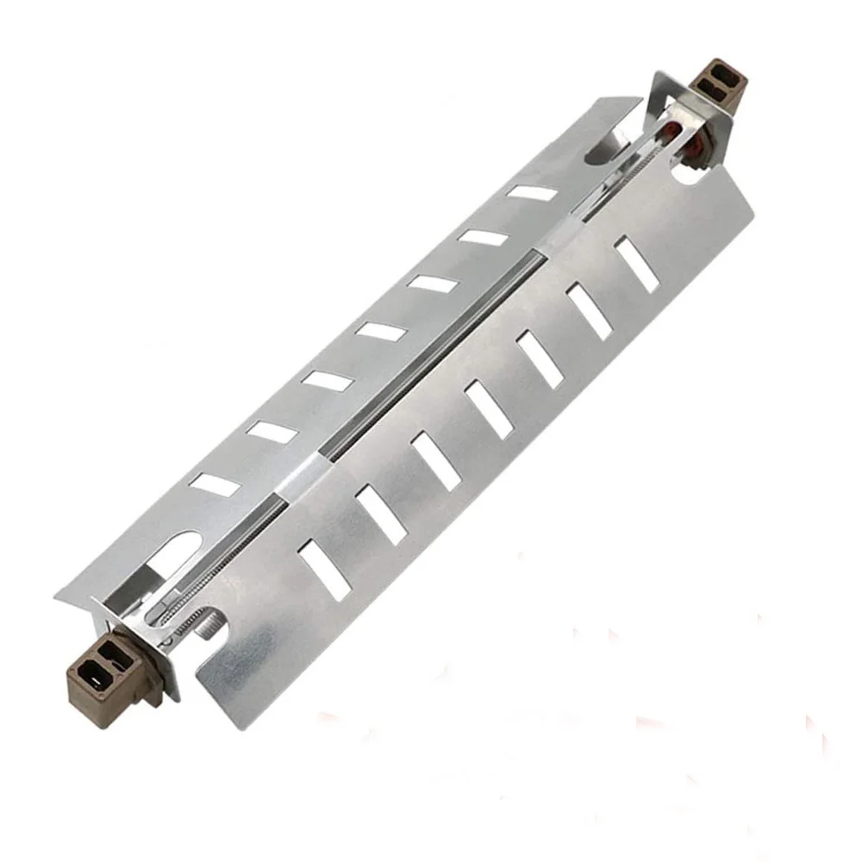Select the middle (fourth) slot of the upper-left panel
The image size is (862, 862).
tap(380, 331)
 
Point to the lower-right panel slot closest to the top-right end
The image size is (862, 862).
tap(638, 264)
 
